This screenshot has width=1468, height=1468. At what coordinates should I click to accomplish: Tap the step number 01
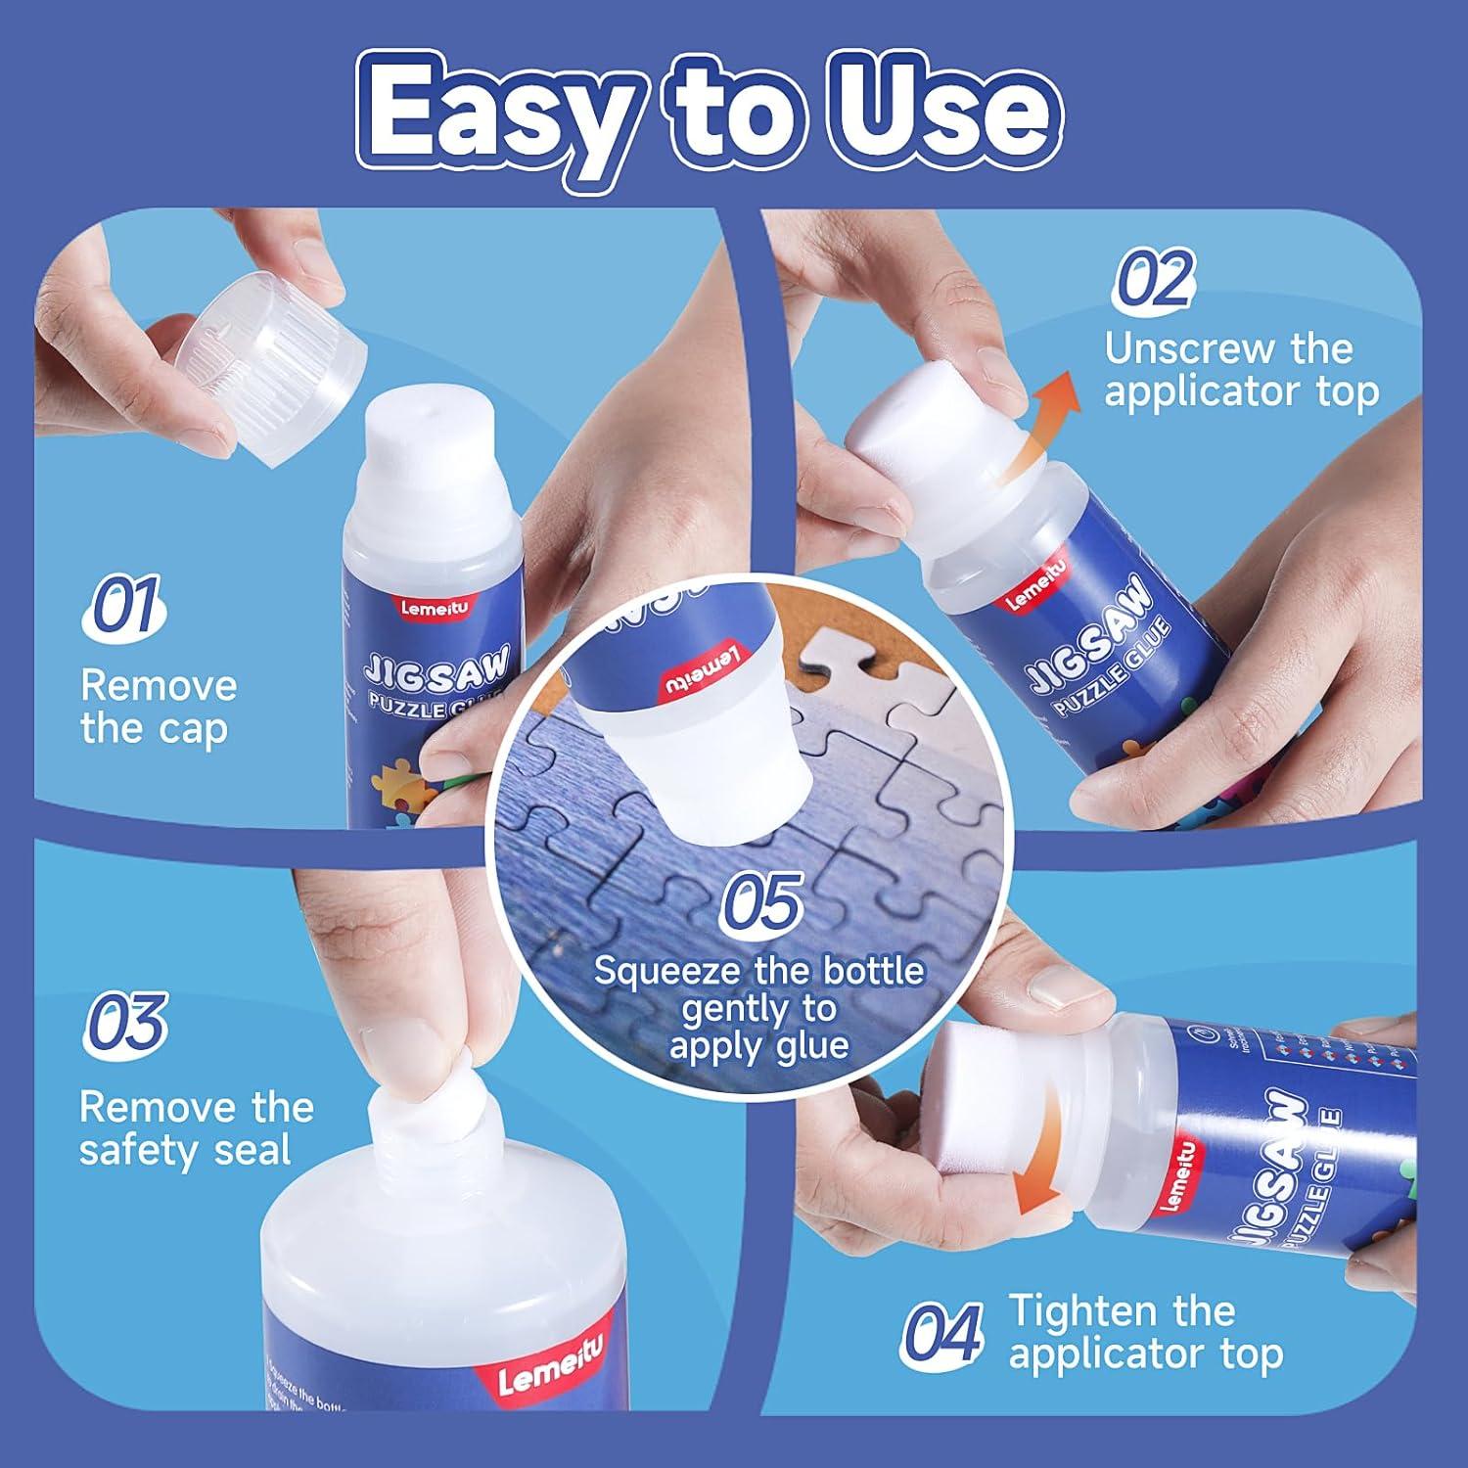pos(124,607)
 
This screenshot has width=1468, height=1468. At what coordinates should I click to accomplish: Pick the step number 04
pos(940,1334)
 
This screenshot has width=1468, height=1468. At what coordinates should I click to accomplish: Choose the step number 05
pos(761,901)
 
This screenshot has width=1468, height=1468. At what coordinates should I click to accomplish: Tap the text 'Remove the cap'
pos(158,707)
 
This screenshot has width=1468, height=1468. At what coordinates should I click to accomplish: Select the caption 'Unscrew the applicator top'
pos(1240,370)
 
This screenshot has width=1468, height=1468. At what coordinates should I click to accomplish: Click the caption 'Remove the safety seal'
pos(196,1128)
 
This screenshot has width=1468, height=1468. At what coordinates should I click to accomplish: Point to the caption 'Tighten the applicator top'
pos(1145,1332)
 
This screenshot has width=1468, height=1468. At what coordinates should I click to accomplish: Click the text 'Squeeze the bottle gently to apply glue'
pos(758,1008)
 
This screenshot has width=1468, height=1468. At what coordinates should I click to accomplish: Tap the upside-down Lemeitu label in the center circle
pos(705,671)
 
